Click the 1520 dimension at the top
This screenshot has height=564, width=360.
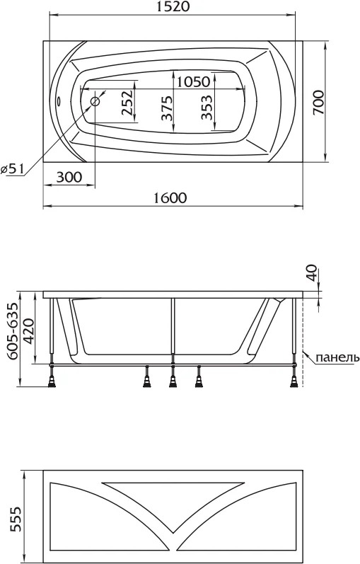click(173, 7)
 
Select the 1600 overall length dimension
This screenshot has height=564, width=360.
click(170, 198)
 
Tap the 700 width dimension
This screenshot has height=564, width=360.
click(318, 103)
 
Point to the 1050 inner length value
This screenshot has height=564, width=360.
click(193, 81)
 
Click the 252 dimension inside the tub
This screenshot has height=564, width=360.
click(127, 103)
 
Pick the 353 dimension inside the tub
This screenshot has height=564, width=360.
click(207, 108)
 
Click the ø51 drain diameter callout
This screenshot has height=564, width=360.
click(12, 168)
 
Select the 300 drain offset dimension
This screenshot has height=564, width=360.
click(69, 177)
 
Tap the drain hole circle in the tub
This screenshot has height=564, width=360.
click(95, 101)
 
